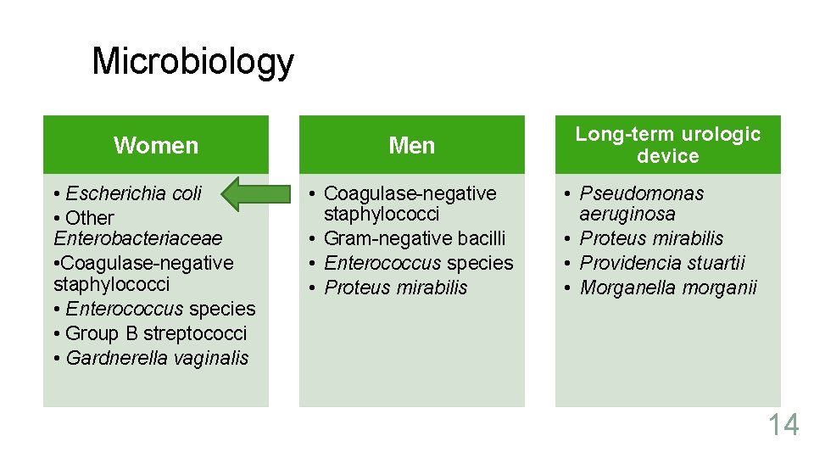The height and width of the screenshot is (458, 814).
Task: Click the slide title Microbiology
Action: point(192,61)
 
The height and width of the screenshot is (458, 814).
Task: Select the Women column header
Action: point(156,145)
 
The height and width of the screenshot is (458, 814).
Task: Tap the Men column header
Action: point(411,145)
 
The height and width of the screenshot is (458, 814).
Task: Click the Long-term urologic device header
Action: point(668,145)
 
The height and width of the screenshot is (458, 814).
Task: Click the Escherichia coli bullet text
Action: point(133,193)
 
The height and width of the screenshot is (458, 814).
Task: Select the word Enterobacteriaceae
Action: point(137,238)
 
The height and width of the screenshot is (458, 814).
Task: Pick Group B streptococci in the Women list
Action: point(155,333)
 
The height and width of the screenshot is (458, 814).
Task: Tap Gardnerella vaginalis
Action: point(157,358)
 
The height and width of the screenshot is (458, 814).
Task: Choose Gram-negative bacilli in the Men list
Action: point(415,238)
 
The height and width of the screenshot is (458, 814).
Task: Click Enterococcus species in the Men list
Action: point(419,263)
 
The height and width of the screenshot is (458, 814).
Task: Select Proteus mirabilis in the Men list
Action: point(396,288)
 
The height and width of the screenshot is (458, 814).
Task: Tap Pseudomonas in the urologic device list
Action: point(642,193)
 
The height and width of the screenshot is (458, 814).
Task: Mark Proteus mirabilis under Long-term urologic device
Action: point(651,238)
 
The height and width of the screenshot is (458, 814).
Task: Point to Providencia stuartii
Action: point(662,263)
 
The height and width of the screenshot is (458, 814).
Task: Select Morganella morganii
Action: point(668,288)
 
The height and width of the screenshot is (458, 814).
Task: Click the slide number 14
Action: point(783,424)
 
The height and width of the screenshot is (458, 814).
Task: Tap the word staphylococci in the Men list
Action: point(382,215)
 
